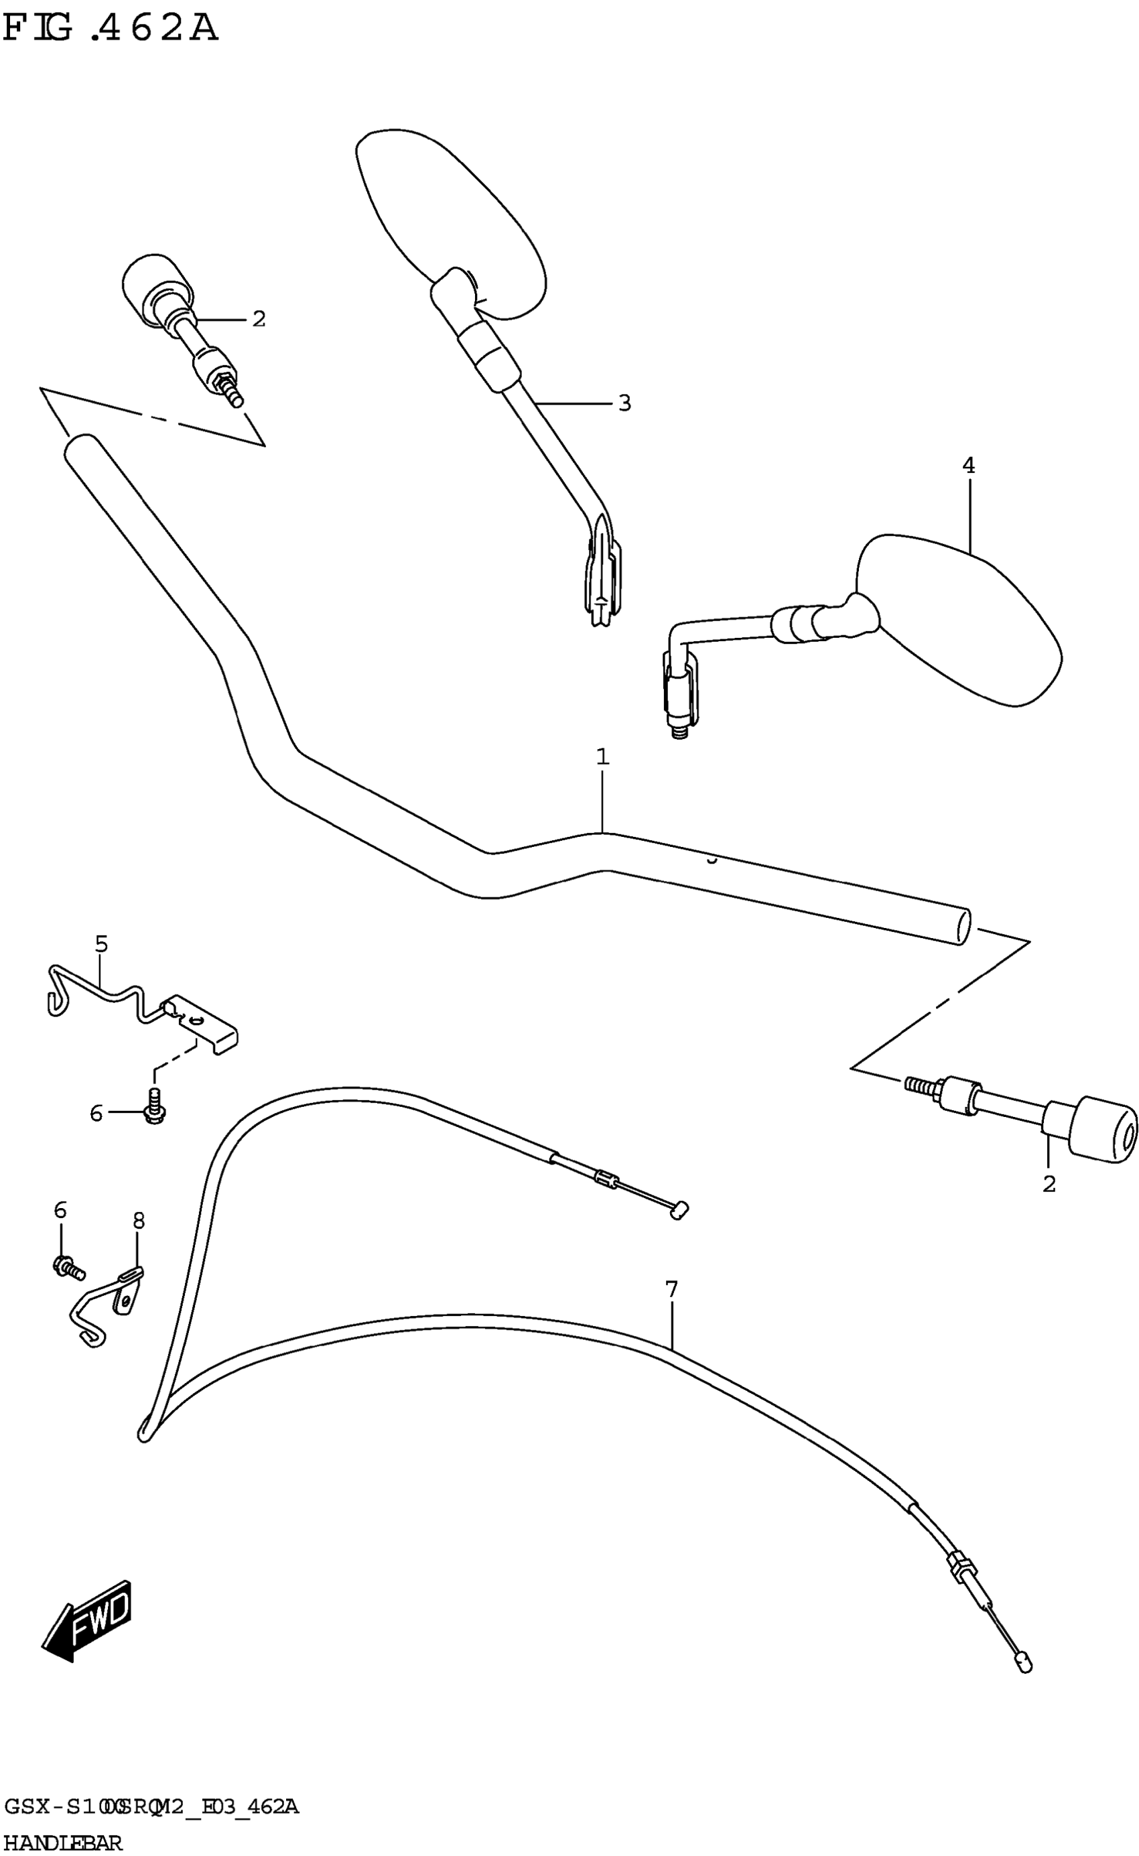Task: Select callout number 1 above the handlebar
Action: click(602, 756)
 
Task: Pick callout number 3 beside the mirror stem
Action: click(624, 404)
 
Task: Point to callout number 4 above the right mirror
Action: click(968, 466)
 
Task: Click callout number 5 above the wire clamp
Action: click(101, 944)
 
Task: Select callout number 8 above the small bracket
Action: click(139, 1220)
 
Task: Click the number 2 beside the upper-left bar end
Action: click(259, 320)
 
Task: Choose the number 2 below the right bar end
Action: click(1049, 1184)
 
